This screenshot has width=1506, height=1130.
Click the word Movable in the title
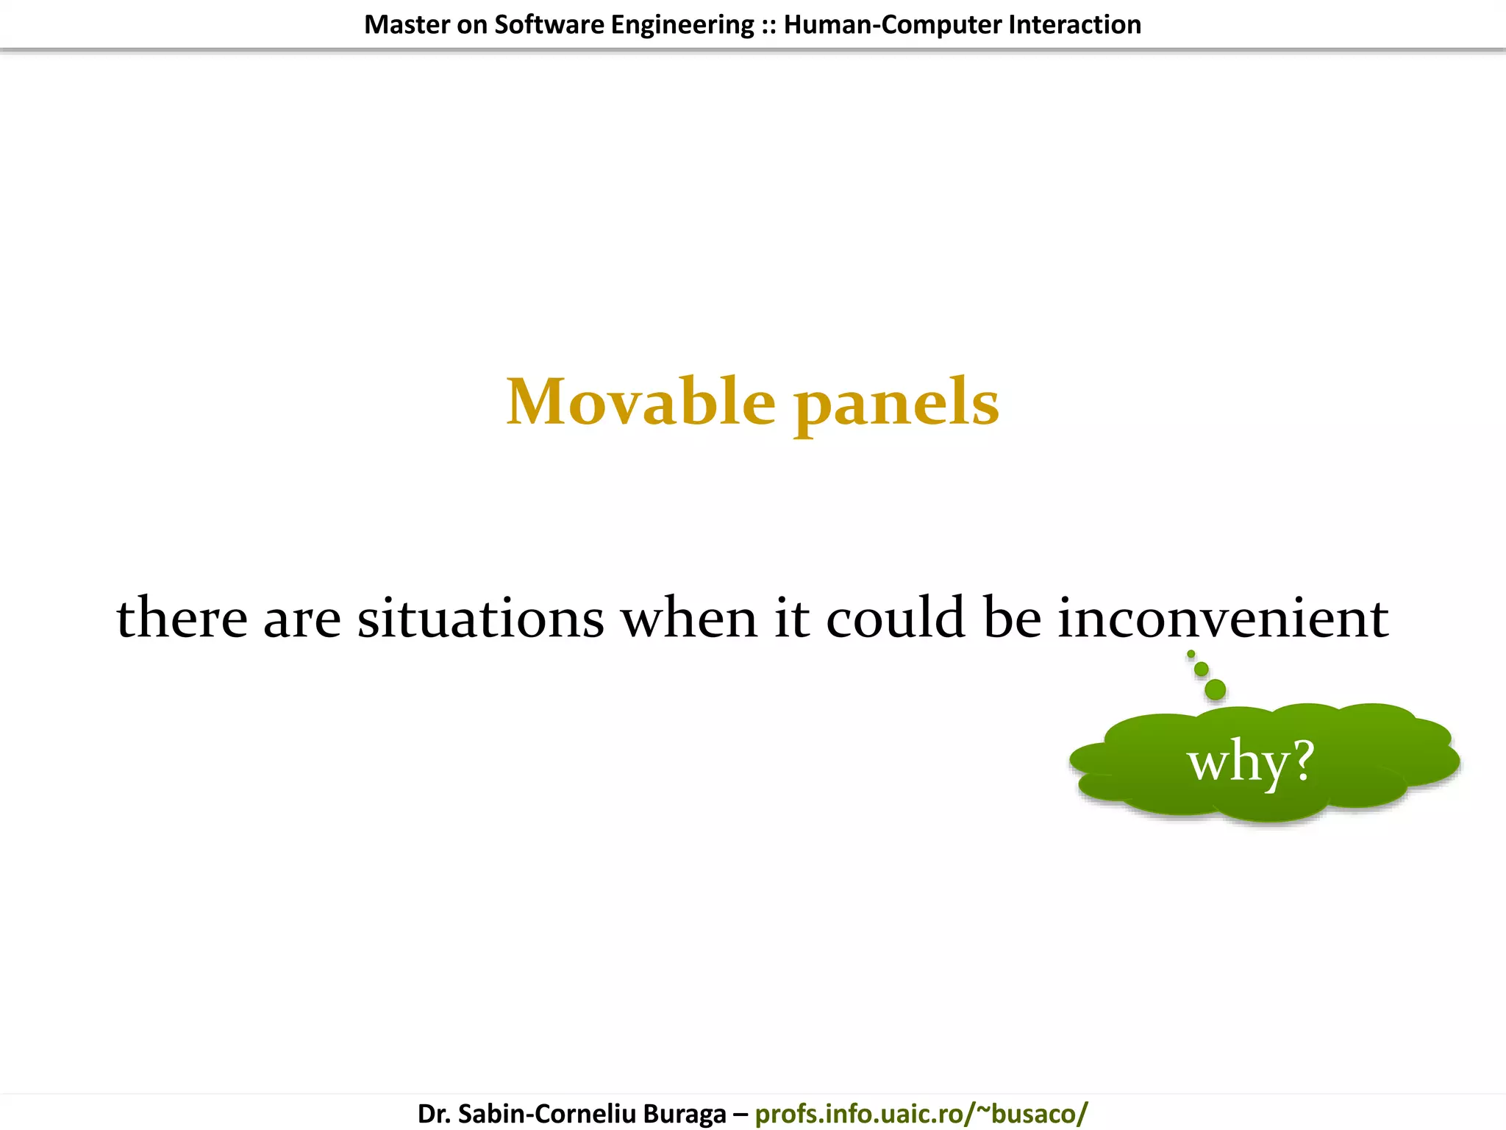point(640,402)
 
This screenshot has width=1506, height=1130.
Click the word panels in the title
point(896,404)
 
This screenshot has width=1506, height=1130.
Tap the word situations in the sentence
point(481,618)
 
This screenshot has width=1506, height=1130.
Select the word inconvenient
point(1223,618)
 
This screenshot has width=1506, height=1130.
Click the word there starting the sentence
point(182,618)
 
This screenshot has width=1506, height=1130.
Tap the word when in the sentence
point(689,618)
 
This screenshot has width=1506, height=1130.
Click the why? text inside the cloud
point(1251,761)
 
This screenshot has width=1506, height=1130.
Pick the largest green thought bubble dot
point(1216,689)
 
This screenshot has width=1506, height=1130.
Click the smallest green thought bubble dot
point(1191,654)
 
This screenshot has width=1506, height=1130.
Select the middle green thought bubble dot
point(1202,669)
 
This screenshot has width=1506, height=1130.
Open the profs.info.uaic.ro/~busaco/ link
point(921,1113)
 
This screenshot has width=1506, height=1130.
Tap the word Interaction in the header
point(1074,25)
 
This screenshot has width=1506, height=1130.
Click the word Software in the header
point(549,25)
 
